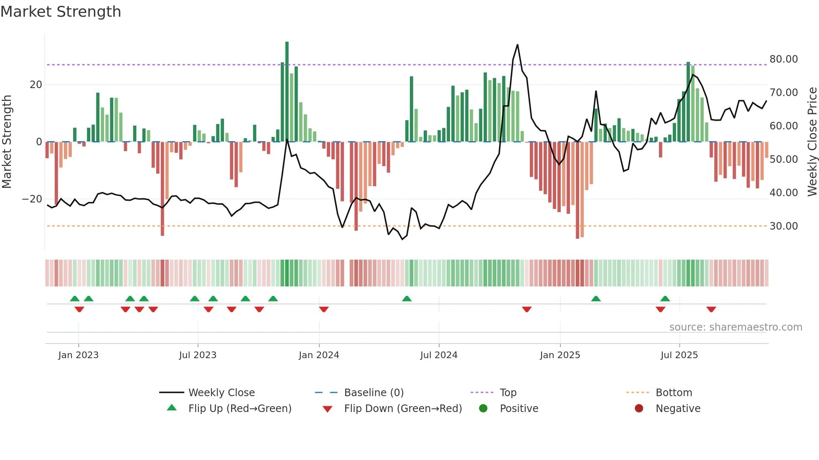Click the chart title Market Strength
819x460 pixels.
click(61, 12)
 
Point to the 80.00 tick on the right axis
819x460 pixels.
click(783, 59)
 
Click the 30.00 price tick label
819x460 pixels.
click(783, 226)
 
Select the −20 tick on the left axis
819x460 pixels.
click(32, 199)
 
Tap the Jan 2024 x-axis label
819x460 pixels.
click(319, 355)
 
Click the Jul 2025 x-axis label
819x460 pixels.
click(679, 355)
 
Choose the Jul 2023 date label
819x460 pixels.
click(198, 355)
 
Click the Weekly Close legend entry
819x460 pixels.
click(221, 393)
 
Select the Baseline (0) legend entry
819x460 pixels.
click(374, 393)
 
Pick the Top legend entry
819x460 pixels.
click(508, 393)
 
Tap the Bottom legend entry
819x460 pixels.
click(674, 393)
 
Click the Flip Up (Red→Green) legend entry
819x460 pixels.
click(239, 409)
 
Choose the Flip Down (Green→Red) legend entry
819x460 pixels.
click(403, 409)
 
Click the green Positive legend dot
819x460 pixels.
click(483, 409)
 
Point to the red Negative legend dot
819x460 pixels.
click(638, 409)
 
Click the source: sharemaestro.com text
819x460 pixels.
click(735, 327)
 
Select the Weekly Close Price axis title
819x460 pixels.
click(812, 142)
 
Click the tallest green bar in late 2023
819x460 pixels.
click(287, 92)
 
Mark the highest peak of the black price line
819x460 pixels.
click(517, 45)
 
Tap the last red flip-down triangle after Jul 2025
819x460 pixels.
click(711, 309)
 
